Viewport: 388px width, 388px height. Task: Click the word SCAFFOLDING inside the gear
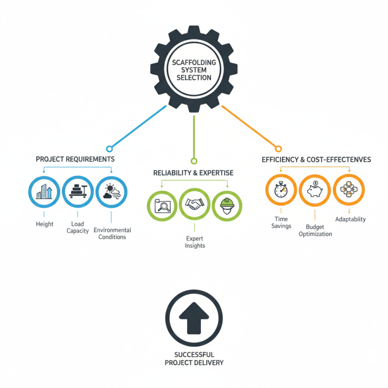pyautogui.click(x=194, y=63)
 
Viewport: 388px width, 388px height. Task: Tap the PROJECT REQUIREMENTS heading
pyautogui.click(x=75, y=159)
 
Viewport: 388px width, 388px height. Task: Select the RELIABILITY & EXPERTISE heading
pyautogui.click(x=193, y=173)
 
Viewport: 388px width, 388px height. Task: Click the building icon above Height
pyautogui.click(x=44, y=192)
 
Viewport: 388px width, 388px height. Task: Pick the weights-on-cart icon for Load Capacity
pyautogui.click(x=78, y=191)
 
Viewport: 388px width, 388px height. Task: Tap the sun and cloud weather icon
pyautogui.click(x=112, y=191)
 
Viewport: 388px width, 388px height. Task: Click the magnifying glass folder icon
pyautogui.click(x=162, y=206)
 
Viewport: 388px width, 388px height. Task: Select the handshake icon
pyautogui.click(x=195, y=204)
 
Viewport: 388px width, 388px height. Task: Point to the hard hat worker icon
pyautogui.click(x=227, y=206)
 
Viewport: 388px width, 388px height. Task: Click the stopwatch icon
pyautogui.click(x=281, y=190)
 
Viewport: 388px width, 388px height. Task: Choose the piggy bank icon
pyautogui.click(x=315, y=189)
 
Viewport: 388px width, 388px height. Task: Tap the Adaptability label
pyautogui.click(x=350, y=219)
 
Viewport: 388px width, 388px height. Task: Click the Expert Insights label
pyautogui.click(x=195, y=242)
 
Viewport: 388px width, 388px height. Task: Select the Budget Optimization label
pyautogui.click(x=315, y=230)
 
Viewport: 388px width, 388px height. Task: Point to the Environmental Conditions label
pyautogui.click(x=113, y=233)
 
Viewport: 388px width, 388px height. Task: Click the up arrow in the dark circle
pyautogui.click(x=194, y=318)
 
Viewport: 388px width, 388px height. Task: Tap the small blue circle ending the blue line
pyautogui.click(x=110, y=149)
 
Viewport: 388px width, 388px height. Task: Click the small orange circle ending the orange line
pyautogui.click(x=278, y=149)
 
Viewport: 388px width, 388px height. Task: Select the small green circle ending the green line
pyautogui.click(x=194, y=161)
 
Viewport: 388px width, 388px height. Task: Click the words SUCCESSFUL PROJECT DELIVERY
pyautogui.click(x=194, y=358)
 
